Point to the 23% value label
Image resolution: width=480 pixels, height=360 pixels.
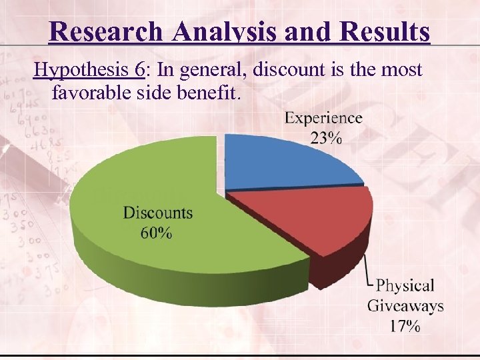pos(325,138)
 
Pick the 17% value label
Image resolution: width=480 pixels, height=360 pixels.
pos(405,326)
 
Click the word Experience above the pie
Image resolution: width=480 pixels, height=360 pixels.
pos(324,119)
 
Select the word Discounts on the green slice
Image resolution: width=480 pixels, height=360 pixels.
pos(158,213)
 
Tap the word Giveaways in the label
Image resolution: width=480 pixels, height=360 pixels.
pos(405,306)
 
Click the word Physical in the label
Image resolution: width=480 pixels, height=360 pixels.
pos(405,286)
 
